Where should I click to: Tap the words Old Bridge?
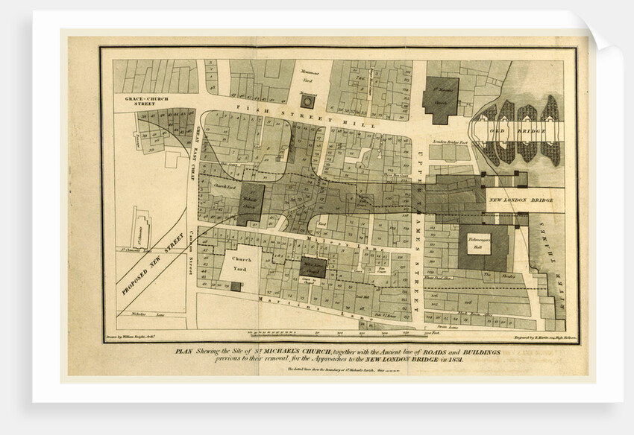pos(522,132)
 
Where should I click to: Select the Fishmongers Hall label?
pos(483,247)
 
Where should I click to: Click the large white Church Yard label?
pos(240,265)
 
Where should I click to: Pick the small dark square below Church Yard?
pos(236,287)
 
